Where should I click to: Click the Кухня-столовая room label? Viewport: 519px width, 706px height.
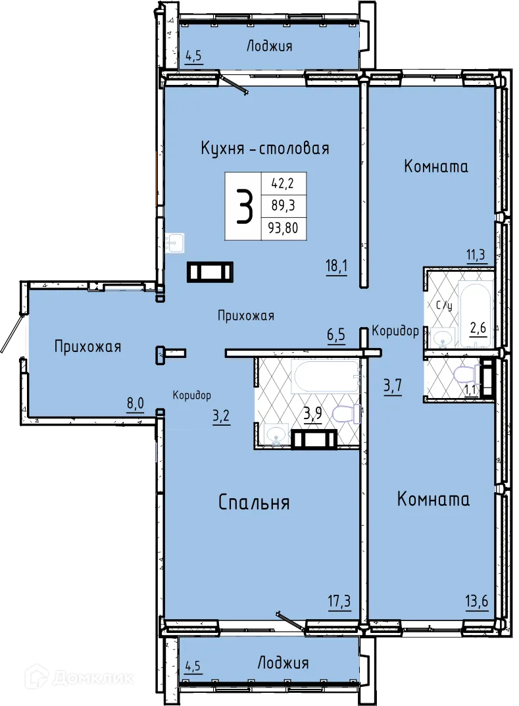click(264, 148)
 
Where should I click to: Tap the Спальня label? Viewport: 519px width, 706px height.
click(254, 503)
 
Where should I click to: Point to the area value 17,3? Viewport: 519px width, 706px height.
click(338, 600)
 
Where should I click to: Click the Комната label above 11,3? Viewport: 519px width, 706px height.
click(436, 166)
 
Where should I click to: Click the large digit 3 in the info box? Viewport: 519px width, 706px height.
click(243, 207)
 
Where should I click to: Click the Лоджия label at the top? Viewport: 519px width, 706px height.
click(269, 46)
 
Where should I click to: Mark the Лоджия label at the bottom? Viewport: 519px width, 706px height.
click(283, 663)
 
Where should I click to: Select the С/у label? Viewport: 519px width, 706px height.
click(445, 305)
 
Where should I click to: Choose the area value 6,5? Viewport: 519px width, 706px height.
click(336, 336)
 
